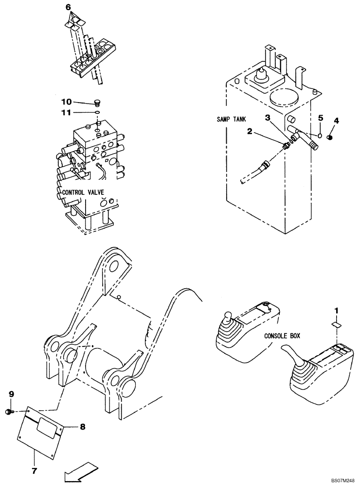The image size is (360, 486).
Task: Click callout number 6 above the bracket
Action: tap(68, 8)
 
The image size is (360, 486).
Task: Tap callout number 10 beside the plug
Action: tap(66, 102)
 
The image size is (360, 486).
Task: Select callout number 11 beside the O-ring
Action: tap(66, 113)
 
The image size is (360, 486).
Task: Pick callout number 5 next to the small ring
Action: tap(320, 118)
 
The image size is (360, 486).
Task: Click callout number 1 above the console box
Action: tap(335, 310)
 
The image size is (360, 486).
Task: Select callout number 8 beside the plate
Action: tap(83, 427)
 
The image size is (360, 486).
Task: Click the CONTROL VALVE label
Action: tap(83, 192)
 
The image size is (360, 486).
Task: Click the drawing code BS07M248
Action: tap(342, 479)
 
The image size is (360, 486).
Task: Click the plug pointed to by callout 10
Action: tap(96, 103)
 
